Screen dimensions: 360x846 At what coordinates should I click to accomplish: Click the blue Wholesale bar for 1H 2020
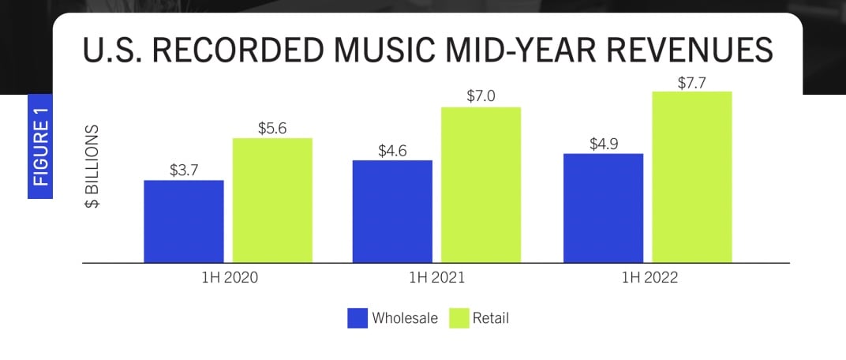[x=184, y=221]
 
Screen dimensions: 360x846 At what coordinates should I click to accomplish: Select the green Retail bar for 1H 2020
[x=272, y=200]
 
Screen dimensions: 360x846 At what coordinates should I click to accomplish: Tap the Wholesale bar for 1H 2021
[x=392, y=211]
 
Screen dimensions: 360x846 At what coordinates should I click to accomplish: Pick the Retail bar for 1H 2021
[x=481, y=184]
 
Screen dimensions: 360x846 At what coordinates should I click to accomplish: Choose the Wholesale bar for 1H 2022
[x=603, y=208]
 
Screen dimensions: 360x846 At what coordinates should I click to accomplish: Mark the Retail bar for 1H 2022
[x=692, y=177]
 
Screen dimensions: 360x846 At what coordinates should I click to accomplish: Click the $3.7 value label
[x=184, y=169]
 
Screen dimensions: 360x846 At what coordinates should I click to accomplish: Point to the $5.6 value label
[x=272, y=127]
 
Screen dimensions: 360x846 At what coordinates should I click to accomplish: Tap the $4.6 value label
[x=392, y=149]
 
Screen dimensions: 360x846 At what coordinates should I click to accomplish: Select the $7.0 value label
[x=481, y=96]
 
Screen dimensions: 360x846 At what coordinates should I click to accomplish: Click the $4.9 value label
[x=603, y=143]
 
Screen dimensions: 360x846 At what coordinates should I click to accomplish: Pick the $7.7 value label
[x=692, y=81]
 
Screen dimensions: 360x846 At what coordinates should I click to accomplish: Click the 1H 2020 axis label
[x=229, y=279]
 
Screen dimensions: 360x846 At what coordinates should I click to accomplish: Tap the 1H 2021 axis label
[x=436, y=279]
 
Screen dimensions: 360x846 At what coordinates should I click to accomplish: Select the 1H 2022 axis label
[x=647, y=279]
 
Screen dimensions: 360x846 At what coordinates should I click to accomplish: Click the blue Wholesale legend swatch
[x=357, y=318]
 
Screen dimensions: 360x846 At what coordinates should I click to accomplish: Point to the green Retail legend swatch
[x=459, y=318]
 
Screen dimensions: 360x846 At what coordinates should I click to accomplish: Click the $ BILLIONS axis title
[x=93, y=166]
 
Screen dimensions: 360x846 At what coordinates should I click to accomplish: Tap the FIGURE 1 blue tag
[x=40, y=147]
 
